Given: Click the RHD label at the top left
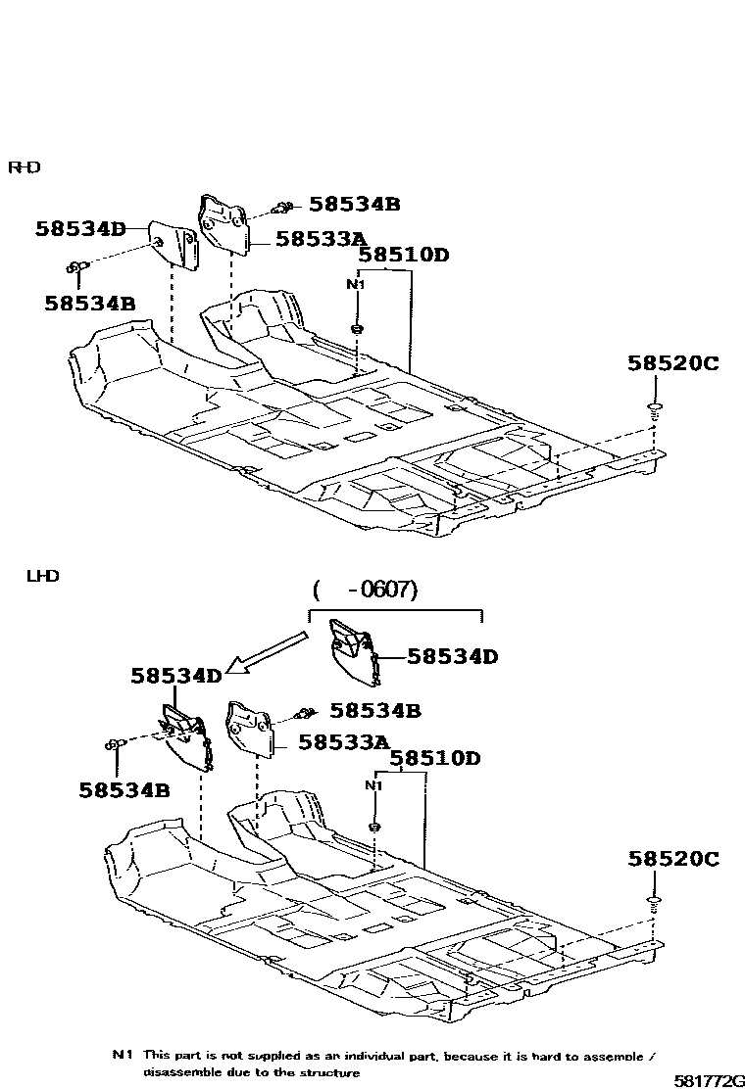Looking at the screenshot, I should click(x=25, y=166).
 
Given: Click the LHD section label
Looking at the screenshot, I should click(x=43, y=576).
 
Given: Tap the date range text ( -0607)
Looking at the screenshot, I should click(x=366, y=590).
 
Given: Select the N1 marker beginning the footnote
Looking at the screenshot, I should click(x=122, y=1055).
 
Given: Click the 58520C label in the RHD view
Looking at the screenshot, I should click(x=672, y=363).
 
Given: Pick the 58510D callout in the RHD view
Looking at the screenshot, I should click(x=403, y=256).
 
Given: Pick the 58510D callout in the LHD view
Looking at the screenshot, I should click(x=435, y=758).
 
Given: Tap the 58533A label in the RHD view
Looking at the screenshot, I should click(x=321, y=238).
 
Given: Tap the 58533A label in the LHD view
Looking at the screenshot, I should click(x=344, y=742).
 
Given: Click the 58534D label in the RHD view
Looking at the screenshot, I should click(x=81, y=229).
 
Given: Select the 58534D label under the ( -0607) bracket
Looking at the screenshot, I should click(x=452, y=657).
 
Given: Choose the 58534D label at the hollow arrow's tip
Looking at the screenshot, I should click(x=176, y=676).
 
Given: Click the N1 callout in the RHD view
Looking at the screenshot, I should click(x=357, y=285).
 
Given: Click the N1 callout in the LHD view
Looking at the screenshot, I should click(x=373, y=785).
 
